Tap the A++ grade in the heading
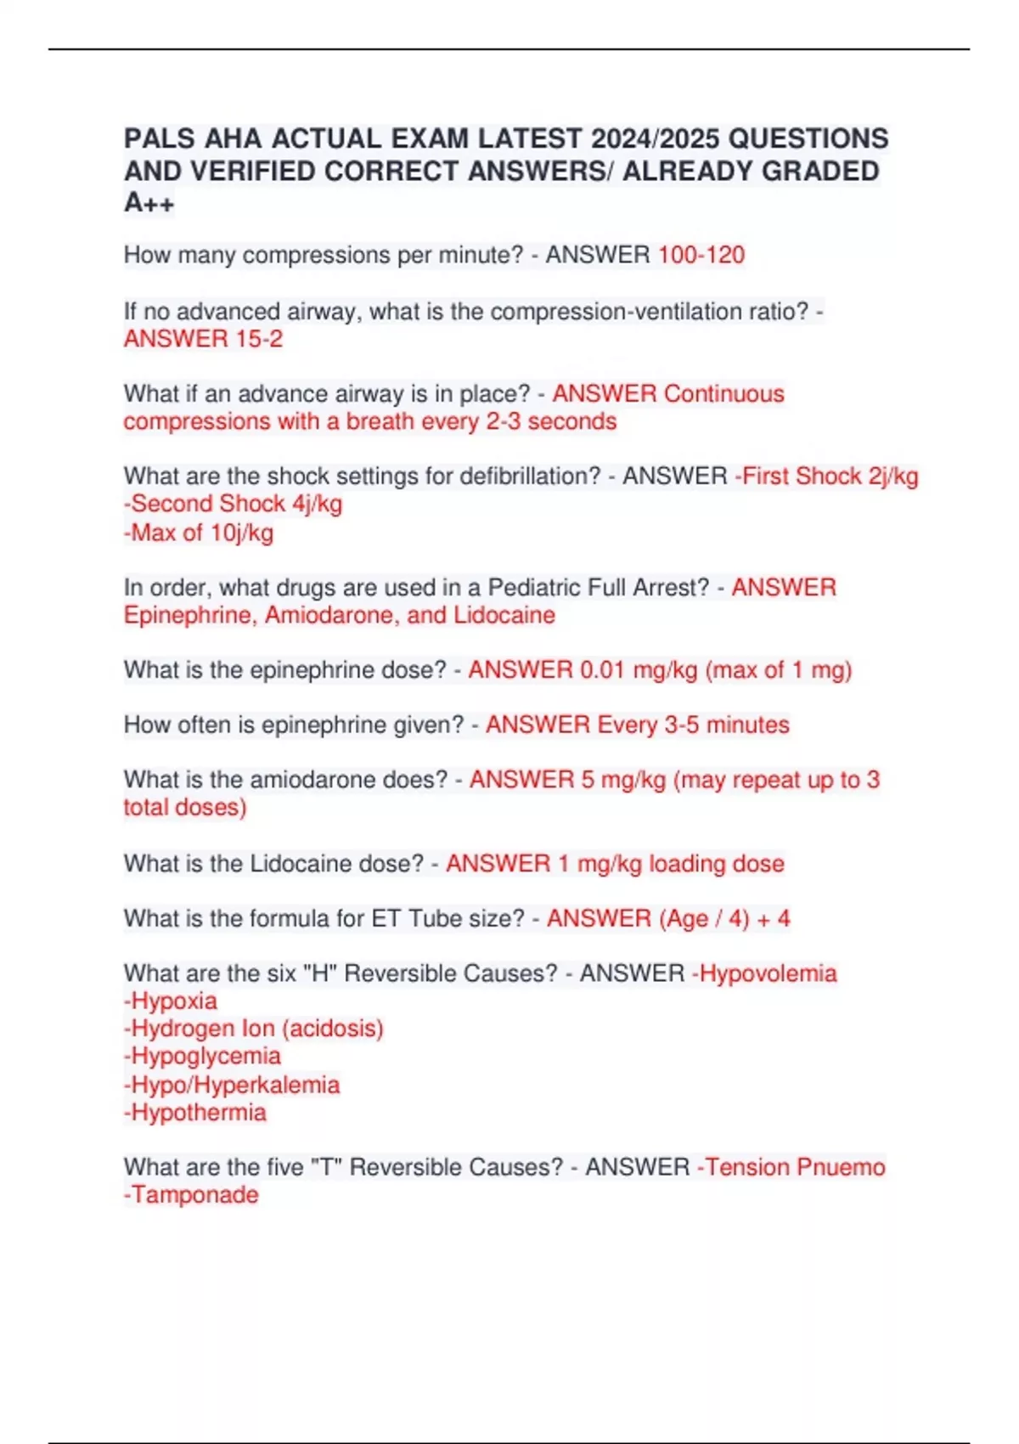[149, 203]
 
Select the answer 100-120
[701, 255]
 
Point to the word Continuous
[723, 394]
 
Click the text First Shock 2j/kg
[830, 477]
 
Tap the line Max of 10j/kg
[201, 533]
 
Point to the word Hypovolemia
[768, 973]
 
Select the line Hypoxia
[173, 1001]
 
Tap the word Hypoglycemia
[205, 1057]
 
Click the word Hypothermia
[198, 1113]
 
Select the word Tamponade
[194, 1195]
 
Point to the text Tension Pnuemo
[795, 1167]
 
